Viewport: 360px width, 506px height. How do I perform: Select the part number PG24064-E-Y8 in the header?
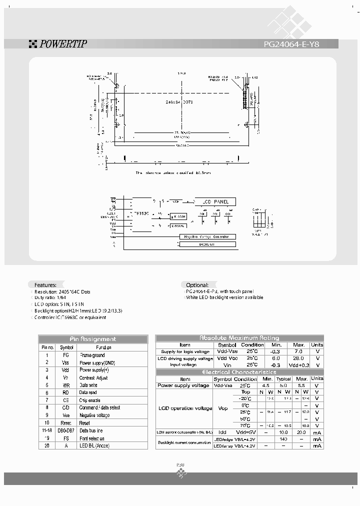tap(291, 44)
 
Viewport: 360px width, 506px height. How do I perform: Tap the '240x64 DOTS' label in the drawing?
tap(179, 101)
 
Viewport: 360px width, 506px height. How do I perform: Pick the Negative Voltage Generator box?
tap(206, 236)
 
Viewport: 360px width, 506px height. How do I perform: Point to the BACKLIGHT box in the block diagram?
tap(206, 244)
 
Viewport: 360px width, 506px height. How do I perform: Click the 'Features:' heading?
tap(45, 284)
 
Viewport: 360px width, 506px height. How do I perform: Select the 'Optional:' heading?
tap(197, 284)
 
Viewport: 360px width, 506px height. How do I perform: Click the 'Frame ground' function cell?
tap(92, 355)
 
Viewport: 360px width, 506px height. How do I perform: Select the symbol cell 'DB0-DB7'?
tap(66, 430)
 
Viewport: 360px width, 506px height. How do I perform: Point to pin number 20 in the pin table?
tap(47, 445)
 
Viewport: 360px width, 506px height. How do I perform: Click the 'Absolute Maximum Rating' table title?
tap(239, 338)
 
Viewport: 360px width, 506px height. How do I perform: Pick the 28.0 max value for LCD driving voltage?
tap(298, 358)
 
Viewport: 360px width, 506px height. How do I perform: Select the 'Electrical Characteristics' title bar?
tap(239, 372)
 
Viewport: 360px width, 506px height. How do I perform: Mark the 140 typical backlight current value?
tap(283, 439)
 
